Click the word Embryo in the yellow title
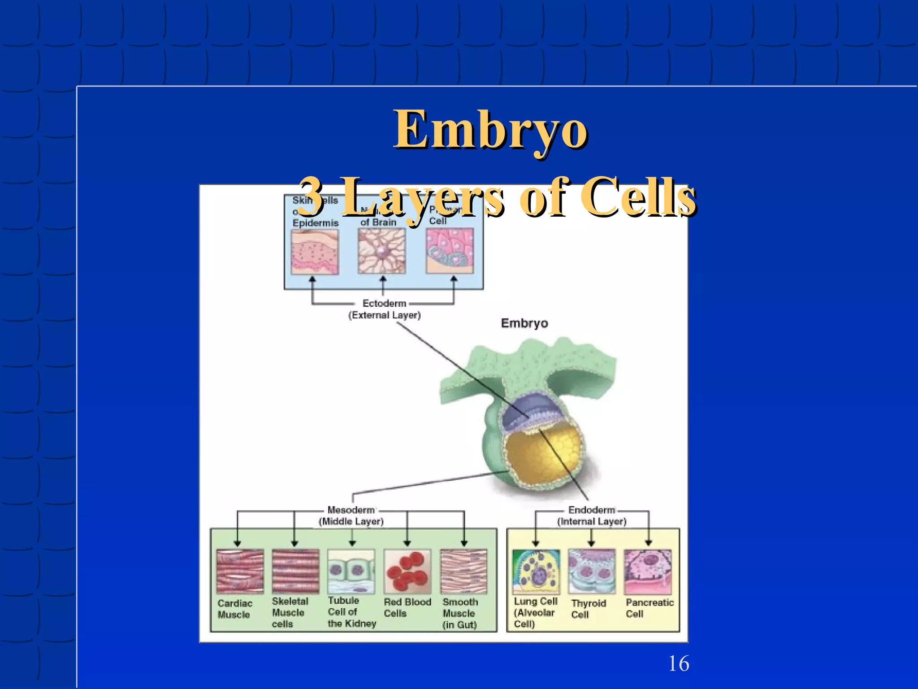point(490,130)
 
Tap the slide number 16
point(678,663)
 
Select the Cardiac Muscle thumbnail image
point(240,571)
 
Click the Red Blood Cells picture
point(407,571)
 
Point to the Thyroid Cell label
point(588,609)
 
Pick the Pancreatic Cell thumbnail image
point(648,571)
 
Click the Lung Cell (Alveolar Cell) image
point(536,571)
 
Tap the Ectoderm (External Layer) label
point(384,309)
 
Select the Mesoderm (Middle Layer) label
point(351,515)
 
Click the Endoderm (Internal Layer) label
point(592,515)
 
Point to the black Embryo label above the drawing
point(524,323)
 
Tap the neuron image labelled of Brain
point(381,251)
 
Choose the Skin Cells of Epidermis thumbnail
point(315,252)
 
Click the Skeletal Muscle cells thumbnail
point(295,571)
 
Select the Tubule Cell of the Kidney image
point(351,571)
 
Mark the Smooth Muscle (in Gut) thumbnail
point(463,571)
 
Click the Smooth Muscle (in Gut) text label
point(460,613)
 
